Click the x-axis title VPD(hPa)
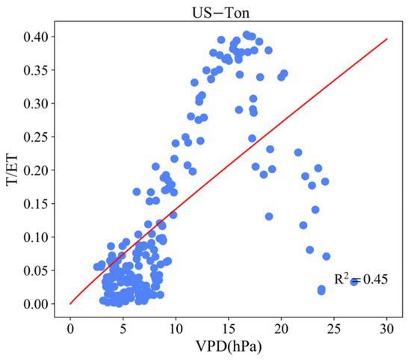pos(229,348)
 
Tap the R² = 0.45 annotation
pos(360,281)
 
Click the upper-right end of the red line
pos(387,38)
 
